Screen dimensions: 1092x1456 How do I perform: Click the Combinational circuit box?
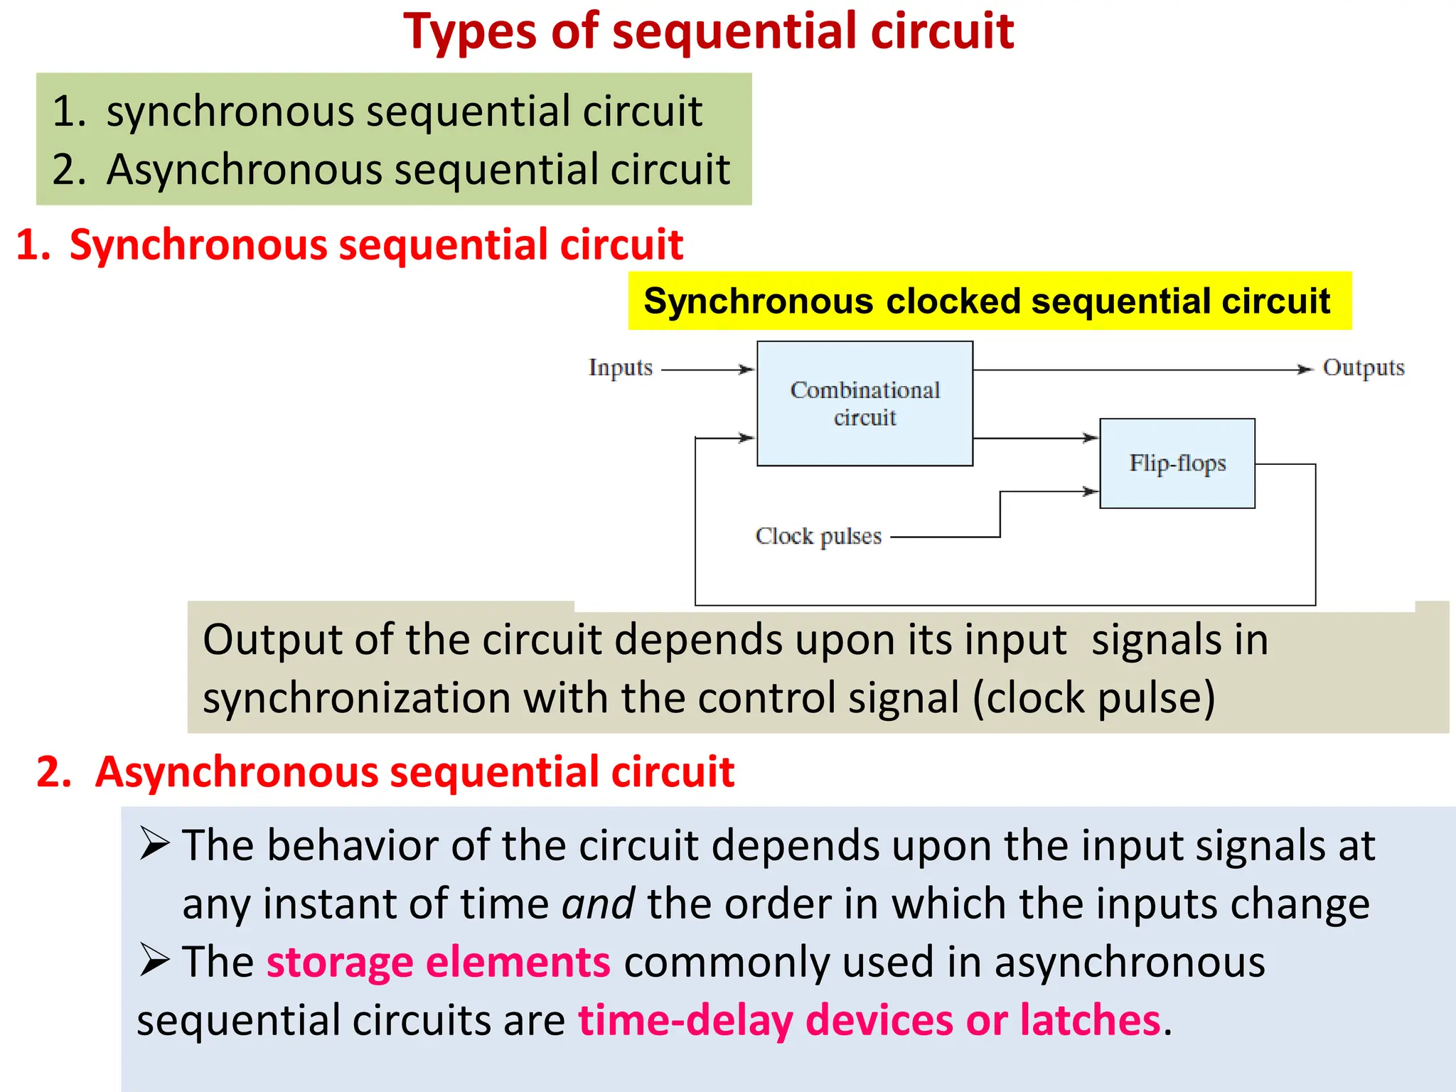(x=864, y=403)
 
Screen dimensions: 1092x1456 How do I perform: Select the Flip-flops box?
(x=1177, y=463)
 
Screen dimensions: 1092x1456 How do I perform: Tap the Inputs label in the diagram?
(x=620, y=368)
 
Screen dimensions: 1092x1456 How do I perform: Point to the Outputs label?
(x=1363, y=368)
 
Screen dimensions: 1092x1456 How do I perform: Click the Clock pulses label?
(x=818, y=536)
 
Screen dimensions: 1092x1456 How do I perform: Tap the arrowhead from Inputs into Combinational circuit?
(x=746, y=370)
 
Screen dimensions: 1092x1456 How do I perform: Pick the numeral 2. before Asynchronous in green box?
(x=69, y=170)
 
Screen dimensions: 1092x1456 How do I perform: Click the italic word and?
(x=598, y=904)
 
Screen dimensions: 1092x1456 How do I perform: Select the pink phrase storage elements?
(x=438, y=962)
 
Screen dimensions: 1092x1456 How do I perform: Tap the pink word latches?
(x=1090, y=1020)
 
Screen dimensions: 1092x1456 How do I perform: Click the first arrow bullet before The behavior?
(x=154, y=844)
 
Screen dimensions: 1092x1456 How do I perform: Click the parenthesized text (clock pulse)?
(x=1093, y=698)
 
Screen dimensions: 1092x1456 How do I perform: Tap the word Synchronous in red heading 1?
(x=198, y=245)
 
